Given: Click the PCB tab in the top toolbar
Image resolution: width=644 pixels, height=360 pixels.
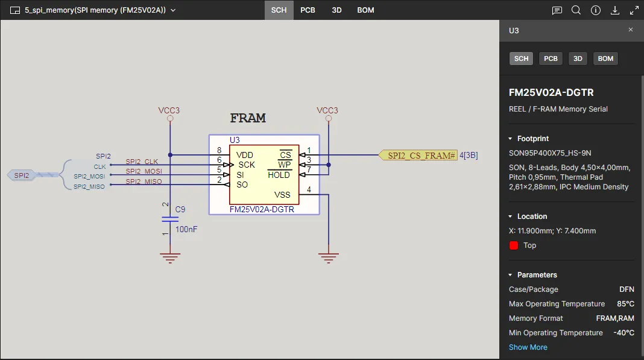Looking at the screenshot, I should pos(308,10).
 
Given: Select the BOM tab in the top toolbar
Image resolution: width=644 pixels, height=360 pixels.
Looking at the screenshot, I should pos(365,10).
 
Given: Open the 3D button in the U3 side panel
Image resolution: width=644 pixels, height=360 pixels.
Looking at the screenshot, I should pos(578,58).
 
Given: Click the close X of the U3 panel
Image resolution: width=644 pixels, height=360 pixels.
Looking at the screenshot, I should pos(631,30).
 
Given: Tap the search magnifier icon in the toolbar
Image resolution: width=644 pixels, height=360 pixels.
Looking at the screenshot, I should pos(576,10).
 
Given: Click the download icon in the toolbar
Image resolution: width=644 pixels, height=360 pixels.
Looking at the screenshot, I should pos(615,10).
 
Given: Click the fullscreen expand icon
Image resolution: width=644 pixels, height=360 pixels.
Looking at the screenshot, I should pos(634,10).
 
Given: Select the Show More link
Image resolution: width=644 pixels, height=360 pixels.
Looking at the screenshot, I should pos(528,347).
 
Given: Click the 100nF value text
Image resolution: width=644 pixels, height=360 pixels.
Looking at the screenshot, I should pos(186,230).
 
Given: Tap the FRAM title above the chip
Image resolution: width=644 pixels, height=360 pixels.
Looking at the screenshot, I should pos(248,118).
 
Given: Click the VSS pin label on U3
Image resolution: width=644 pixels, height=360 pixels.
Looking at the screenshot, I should pos(282,195).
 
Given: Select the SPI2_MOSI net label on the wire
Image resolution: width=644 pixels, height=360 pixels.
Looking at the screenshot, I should pos(144,172).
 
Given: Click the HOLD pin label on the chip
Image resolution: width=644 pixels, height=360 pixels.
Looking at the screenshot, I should pos(279,175).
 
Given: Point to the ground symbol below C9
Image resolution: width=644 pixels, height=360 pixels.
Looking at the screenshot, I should pos(170,258).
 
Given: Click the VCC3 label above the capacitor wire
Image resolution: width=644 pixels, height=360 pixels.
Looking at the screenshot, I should pos(169,110).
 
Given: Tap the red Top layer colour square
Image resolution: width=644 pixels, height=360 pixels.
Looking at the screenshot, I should pos(514,245).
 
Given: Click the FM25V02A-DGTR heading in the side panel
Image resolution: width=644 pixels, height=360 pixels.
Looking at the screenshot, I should pos(551,93).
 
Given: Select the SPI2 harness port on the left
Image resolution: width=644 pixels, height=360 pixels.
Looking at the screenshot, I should pos(23,175).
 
